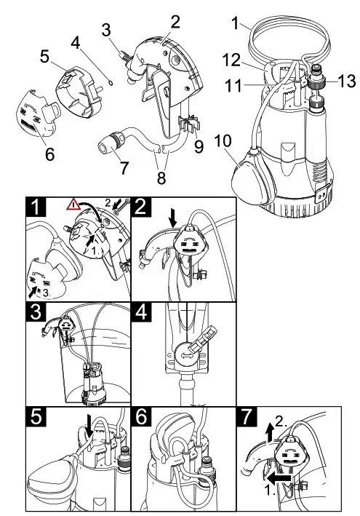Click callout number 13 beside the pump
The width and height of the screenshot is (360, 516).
(346, 81)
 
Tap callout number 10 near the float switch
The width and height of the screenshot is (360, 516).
(223, 141)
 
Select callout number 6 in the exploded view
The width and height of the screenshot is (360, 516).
(49, 154)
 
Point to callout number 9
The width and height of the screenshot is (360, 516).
(199, 146)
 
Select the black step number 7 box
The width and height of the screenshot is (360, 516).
(247, 416)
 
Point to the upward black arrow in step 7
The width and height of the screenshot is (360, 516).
(270, 432)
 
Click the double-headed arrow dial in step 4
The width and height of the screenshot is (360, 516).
(186, 357)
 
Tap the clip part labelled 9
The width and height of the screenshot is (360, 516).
(189, 124)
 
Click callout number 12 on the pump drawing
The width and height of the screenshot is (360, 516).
(232, 60)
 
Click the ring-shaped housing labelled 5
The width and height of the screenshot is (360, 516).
(79, 92)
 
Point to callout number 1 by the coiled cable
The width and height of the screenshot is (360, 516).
(234, 24)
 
